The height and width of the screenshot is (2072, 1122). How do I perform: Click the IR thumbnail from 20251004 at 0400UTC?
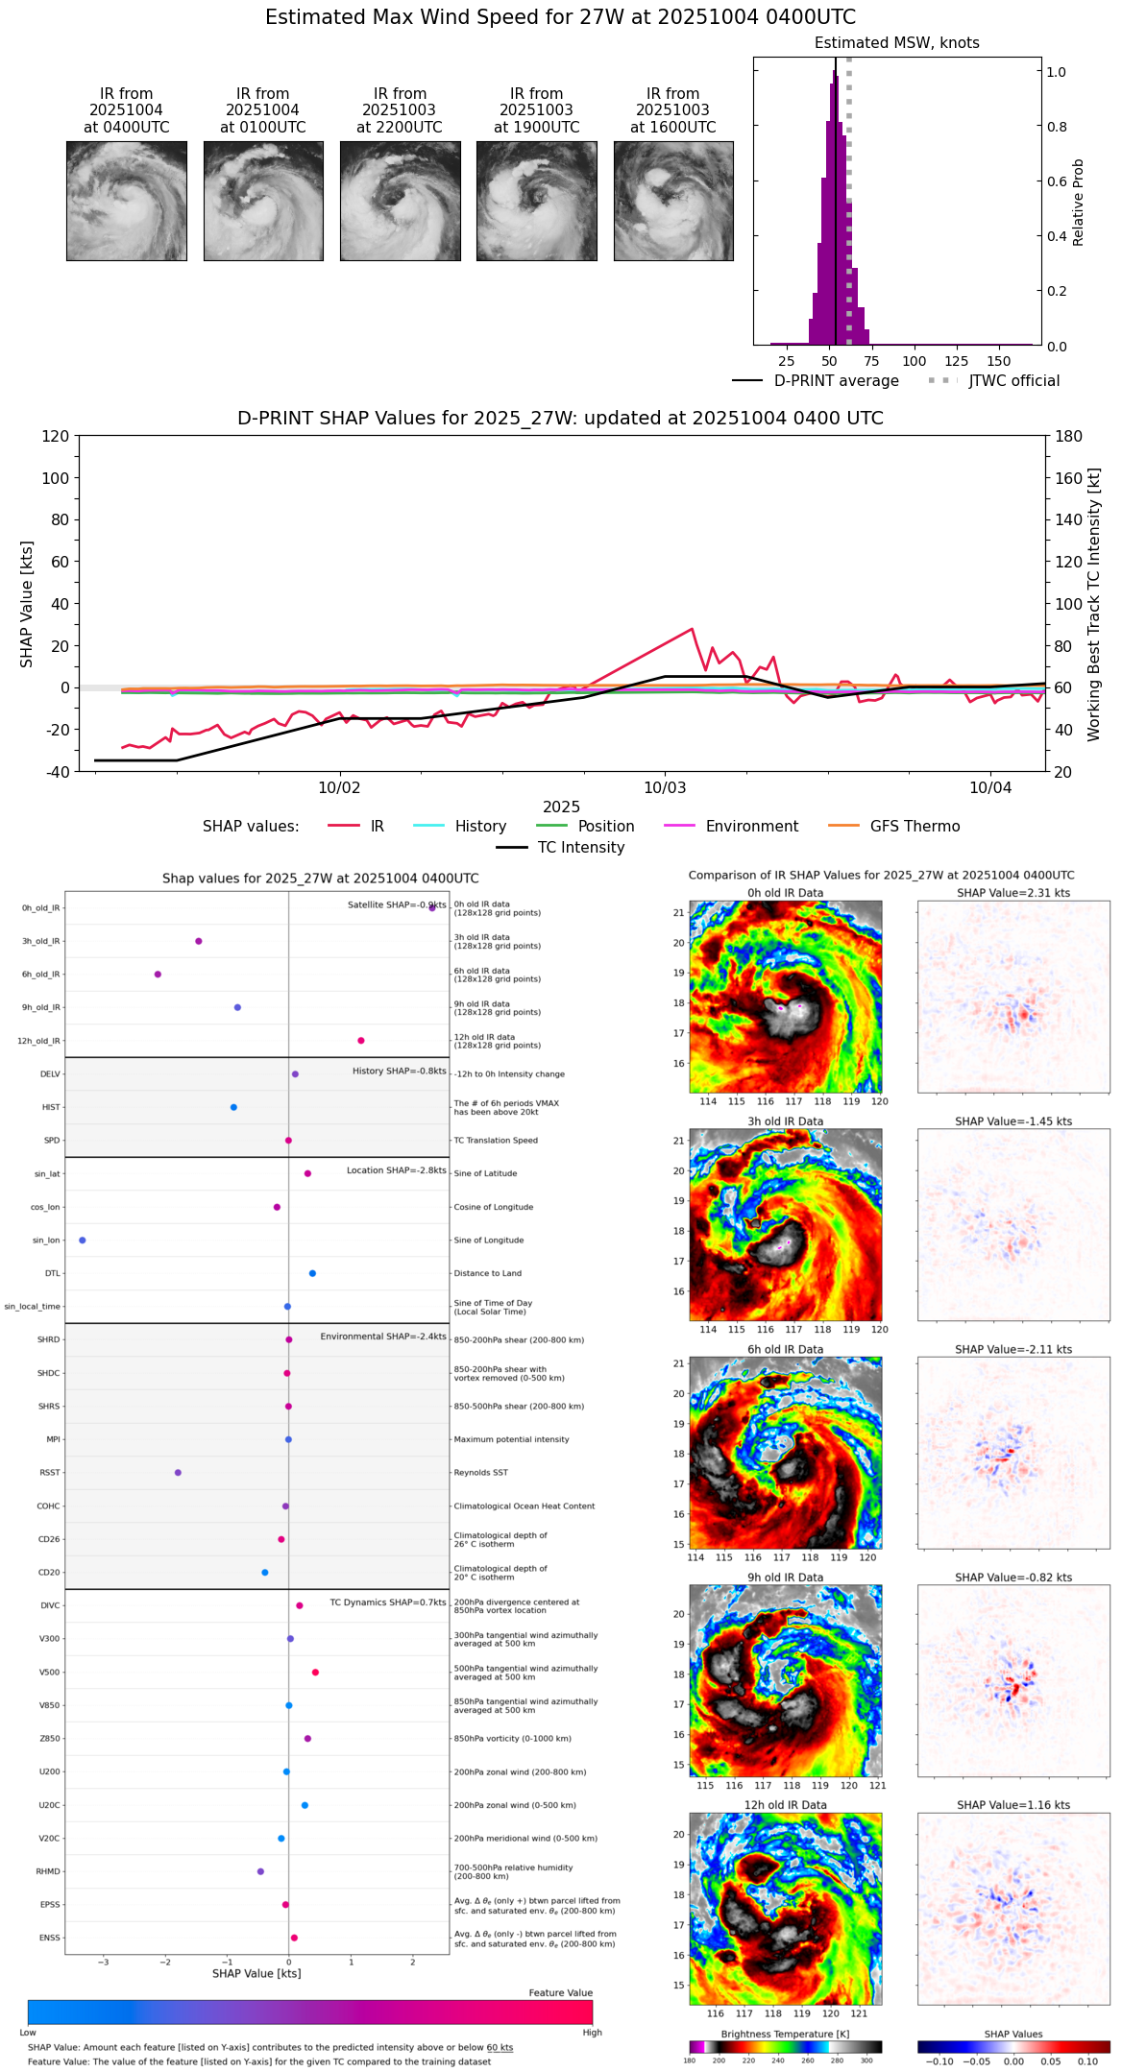[x=126, y=201]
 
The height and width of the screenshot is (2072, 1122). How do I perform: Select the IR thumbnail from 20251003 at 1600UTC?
[x=673, y=201]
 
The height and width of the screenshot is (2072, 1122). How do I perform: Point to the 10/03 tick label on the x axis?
[x=665, y=788]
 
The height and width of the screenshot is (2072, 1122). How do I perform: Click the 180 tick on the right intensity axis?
[x=1069, y=437]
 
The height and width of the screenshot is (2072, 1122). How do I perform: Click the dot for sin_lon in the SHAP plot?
[x=83, y=1241]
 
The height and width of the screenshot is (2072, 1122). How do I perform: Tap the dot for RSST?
[x=178, y=1473]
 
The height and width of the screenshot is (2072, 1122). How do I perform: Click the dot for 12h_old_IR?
[x=361, y=1041]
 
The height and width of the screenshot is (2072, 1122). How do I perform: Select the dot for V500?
[x=315, y=1673]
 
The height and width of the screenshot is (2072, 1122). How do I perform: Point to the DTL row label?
[x=52, y=1274]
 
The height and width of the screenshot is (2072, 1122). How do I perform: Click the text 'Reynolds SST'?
[x=480, y=1473]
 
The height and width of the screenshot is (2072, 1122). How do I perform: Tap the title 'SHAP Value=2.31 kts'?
[x=1013, y=893]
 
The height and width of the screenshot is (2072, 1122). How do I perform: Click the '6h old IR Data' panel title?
[x=785, y=1350]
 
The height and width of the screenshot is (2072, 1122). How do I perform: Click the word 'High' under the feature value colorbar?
[x=592, y=2033]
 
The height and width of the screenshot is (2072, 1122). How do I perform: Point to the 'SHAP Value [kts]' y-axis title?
[x=27, y=604]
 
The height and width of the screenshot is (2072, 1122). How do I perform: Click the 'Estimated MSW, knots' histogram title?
[x=896, y=43]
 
